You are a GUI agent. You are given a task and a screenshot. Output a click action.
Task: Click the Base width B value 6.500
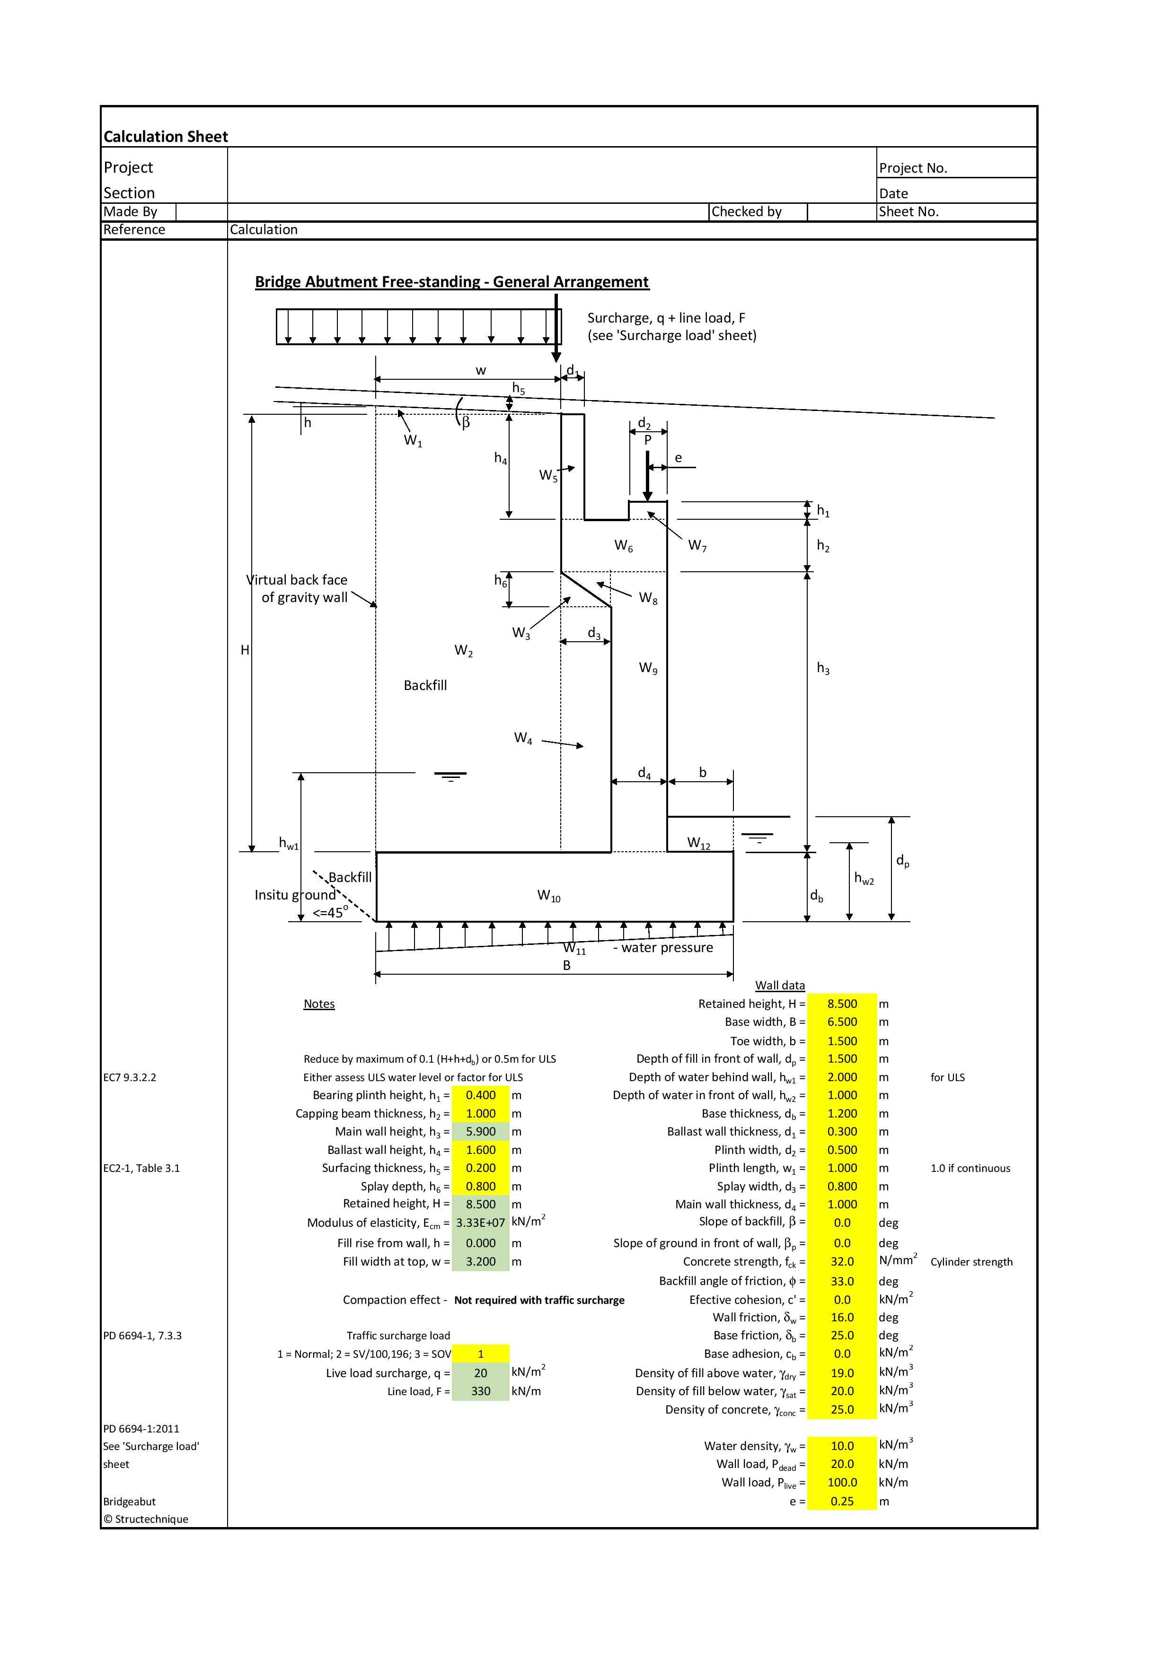[842, 1022]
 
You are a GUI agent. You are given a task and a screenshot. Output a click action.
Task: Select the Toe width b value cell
[842, 1040]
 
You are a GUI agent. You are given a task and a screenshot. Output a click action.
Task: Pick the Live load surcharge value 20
[481, 1373]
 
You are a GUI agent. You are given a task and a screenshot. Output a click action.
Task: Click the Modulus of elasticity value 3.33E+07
[481, 1222]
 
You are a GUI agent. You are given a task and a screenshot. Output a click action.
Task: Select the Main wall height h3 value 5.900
[481, 1132]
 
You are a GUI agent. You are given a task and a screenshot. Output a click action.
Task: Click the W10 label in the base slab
[548, 896]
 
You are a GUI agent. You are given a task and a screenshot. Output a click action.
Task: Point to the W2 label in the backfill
[463, 651]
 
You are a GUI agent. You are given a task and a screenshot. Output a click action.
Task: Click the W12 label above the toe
[698, 843]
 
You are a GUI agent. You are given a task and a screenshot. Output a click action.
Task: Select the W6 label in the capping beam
[624, 546]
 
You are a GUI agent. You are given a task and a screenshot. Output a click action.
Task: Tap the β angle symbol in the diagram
[466, 423]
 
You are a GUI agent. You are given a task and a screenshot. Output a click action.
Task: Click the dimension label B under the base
[566, 965]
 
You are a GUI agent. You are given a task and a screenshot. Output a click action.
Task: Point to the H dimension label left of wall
[245, 650]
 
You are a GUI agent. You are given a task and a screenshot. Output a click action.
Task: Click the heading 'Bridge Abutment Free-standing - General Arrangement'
[452, 282]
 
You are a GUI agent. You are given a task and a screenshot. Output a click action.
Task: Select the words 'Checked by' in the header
[747, 212]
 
